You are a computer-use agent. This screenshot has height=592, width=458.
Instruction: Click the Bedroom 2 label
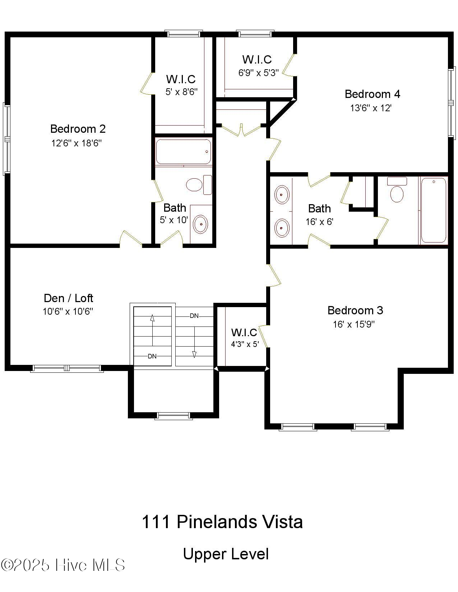tap(78, 129)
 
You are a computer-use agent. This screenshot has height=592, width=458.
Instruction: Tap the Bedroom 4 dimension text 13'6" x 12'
tap(371, 108)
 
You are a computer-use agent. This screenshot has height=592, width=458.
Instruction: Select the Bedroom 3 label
tap(355, 310)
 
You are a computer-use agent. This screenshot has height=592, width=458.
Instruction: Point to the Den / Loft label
tap(68, 298)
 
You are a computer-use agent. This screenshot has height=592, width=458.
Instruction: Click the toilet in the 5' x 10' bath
tap(195, 185)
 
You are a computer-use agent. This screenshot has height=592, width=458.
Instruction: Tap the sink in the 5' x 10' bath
tap(200, 224)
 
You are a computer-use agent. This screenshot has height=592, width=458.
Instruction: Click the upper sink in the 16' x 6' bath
tap(282, 194)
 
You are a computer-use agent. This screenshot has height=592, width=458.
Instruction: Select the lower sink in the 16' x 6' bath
tap(282, 227)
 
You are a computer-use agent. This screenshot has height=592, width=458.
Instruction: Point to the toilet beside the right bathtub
tap(397, 193)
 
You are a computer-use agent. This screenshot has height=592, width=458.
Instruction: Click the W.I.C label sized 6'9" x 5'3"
tap(257, 59)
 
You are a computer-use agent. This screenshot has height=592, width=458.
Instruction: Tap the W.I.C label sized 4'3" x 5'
tap(244, 333)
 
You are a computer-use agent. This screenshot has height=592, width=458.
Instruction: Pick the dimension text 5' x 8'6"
tap(181, 92)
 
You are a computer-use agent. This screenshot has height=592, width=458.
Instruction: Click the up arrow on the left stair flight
tap(152, 318)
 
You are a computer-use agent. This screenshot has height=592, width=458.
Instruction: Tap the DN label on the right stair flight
tap(194, 316)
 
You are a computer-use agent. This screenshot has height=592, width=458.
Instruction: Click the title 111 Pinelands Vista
tap(222, 522)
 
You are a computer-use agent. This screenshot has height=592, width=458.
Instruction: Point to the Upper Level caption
tap(226, 554)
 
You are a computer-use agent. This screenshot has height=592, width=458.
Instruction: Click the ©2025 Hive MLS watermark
tap(63, 565)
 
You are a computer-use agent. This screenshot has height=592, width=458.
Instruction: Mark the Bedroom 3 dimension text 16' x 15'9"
tap(354, 324)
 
